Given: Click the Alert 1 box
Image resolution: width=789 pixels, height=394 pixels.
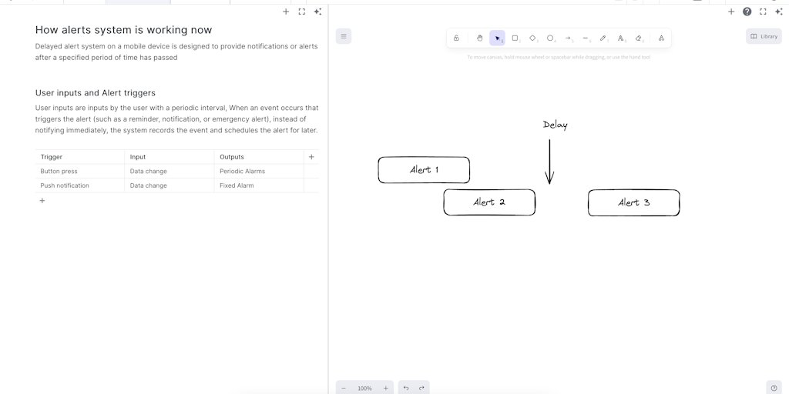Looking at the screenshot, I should coord(424,170).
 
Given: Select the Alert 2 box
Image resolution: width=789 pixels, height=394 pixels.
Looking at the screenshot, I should coord(489,202).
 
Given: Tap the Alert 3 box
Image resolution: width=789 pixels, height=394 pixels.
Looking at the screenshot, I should coord(634,202).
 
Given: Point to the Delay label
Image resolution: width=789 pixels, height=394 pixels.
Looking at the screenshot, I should coord(555,125).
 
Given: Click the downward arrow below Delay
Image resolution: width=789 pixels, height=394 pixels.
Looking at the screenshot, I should coord(549,162).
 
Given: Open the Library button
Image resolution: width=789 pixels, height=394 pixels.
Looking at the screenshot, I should coord(764,36).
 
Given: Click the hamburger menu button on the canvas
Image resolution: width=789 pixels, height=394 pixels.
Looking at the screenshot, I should coord(344,36).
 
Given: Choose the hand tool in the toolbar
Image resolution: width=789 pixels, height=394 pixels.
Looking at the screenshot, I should coord(479,38).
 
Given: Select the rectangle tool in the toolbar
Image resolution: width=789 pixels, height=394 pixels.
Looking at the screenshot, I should coord(515,38).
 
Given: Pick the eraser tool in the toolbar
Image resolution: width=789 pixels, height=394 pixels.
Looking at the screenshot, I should coord(639,38).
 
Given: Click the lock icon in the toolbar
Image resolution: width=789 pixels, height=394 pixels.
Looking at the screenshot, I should coord(456,38).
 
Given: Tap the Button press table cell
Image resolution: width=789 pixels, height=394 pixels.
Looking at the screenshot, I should coord(59,171).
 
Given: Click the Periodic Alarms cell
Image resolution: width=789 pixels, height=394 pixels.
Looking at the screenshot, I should coord(242,171).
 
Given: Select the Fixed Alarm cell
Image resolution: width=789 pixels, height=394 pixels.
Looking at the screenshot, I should coord(237,185).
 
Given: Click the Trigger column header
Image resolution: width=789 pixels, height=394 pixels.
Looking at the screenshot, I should coord(52,157).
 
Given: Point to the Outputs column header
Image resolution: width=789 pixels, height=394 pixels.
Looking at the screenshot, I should coord(232,157).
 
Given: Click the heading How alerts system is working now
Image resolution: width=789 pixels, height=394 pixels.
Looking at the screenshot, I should coord(123,30).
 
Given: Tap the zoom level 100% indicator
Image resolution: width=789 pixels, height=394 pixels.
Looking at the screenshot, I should coord(364,388).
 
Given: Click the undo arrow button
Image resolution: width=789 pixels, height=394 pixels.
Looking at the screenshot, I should coord(406,388).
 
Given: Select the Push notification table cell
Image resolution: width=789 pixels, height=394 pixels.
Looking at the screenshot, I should coord(65,185).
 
